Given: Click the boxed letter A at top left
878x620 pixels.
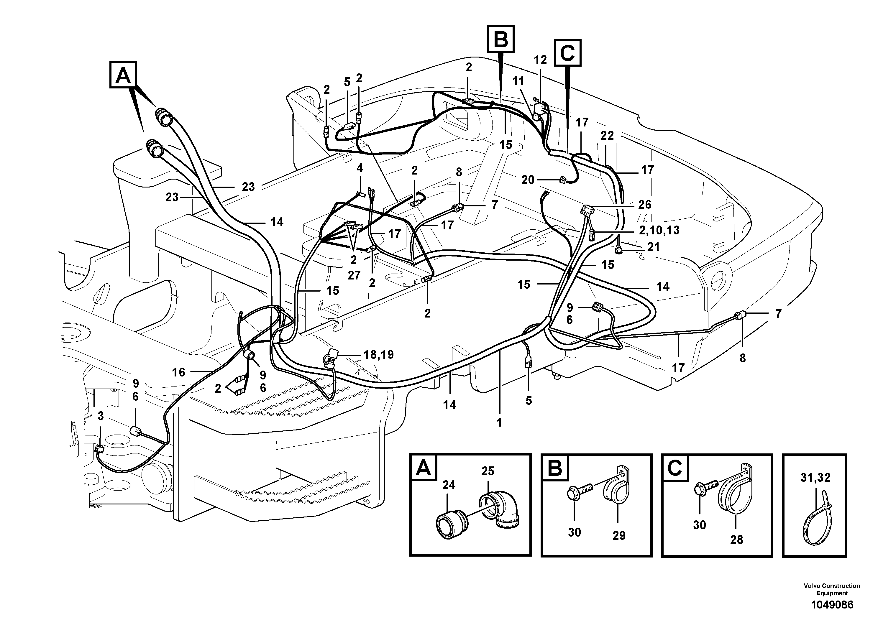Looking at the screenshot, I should [123, 75].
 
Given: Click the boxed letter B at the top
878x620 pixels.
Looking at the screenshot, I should [500, 39].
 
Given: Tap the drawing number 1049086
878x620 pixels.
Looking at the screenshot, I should [832, 605].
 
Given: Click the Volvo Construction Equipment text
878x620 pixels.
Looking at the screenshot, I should [832, 589].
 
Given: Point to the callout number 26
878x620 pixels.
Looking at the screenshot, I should [644, 205].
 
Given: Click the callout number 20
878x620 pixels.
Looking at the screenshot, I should [528, 180].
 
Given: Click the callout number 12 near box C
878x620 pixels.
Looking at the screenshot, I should [540, 60].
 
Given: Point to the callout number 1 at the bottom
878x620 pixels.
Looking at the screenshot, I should [499, 422].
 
